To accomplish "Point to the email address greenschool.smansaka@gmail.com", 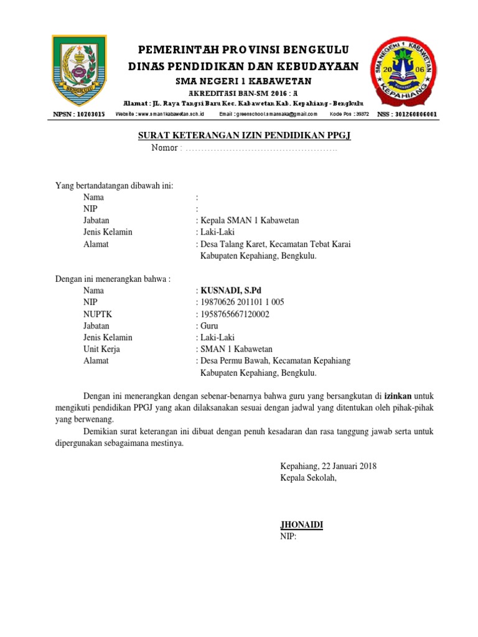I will (x=268, y=115).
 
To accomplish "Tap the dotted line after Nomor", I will (x=261, y=149).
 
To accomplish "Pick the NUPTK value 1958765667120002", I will (x=235, y=314).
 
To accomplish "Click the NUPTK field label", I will (x=98, y=314).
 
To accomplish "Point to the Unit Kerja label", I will (x=101, y=350).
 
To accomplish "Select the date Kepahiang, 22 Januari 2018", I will (x=329, y=466).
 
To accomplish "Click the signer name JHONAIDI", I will (x=302, y=526).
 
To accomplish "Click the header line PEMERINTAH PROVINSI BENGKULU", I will (x=243, y=49).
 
